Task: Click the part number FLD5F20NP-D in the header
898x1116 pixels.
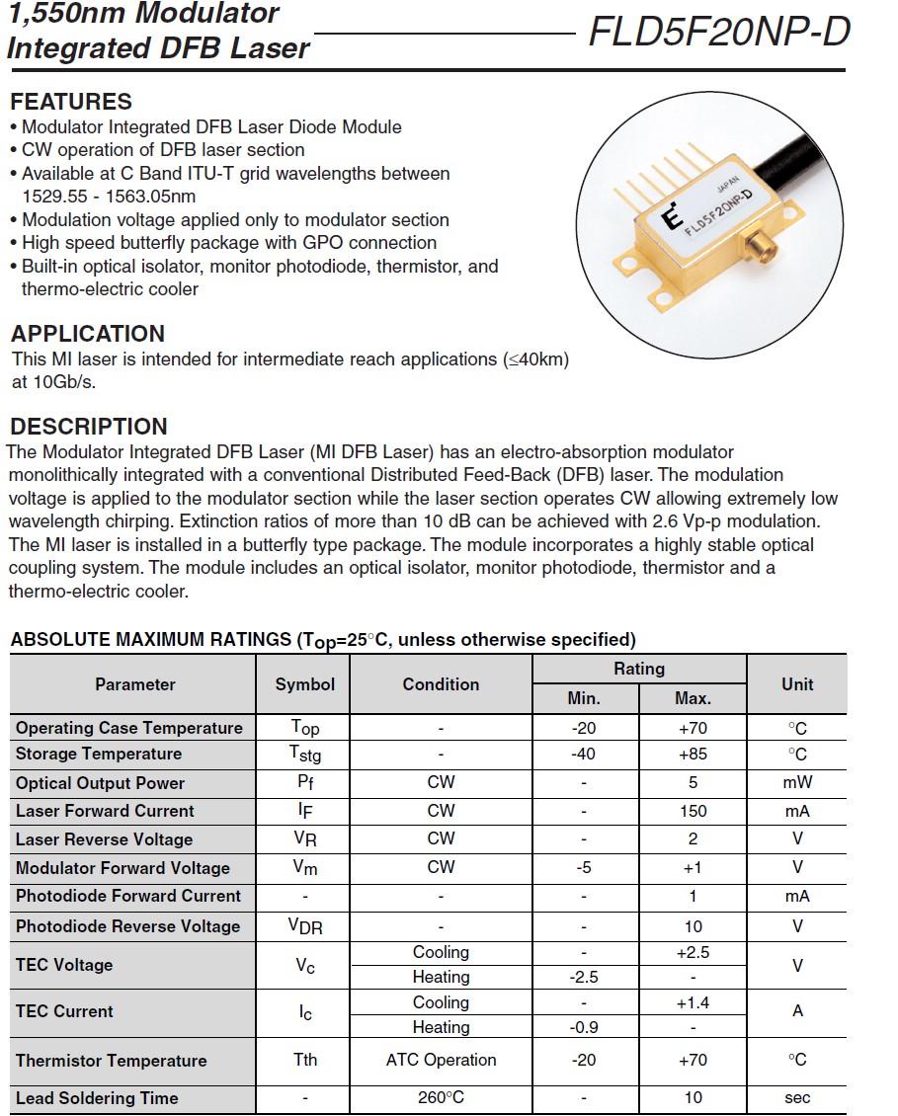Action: click(719, 33)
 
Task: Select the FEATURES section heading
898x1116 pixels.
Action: click(71, 102)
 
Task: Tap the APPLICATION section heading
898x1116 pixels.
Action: click(88, 334)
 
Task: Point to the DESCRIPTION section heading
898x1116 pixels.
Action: click(89, 427)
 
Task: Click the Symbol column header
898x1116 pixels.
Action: click(304, 684)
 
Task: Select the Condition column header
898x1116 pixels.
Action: click(441, 684)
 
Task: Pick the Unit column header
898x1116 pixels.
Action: click(796, 684)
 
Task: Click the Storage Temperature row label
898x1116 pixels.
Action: click(99, 754)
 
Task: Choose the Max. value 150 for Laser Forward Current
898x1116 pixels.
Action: click(693, 811)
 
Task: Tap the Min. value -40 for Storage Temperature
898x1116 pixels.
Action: click(584, 754)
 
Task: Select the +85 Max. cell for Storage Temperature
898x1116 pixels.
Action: click(693, 754)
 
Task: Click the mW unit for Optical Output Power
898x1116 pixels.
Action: click(796, 782)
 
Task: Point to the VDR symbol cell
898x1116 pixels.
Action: click(304, 926)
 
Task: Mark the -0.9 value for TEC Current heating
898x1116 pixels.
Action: click(584, 1027)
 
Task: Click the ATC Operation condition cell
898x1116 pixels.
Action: click(441, 1060)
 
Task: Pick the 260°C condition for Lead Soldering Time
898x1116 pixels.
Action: click(441, 1097)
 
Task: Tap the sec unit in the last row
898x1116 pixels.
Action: click(796, 1097)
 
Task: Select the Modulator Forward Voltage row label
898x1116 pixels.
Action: click(122, 868)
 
